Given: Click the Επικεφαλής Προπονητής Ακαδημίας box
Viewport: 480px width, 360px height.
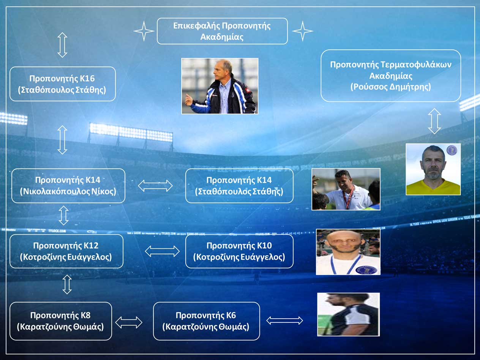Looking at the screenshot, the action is pos(222,31).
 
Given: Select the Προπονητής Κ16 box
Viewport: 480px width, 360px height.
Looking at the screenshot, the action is pos(63,84).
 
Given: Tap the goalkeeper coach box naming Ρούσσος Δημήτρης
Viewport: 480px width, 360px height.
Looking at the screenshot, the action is pos(391,76).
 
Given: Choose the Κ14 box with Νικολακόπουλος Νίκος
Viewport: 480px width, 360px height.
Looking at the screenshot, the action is pos(68,186).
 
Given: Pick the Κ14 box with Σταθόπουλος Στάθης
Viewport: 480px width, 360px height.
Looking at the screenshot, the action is pos(239,186).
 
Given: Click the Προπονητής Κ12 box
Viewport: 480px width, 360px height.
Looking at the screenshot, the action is pos(66,251).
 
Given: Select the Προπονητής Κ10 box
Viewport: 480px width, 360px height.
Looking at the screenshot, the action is pos(239,251).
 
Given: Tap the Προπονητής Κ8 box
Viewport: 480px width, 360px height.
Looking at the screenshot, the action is pos(61,321).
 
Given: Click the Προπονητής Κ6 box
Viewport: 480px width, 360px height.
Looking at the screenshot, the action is pos(207,321).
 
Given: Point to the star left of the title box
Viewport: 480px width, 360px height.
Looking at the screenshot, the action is pos(144,31).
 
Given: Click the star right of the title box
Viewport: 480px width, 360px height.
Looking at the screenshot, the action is pos(303,31).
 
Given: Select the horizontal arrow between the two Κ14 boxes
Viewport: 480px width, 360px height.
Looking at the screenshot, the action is pos(155,186).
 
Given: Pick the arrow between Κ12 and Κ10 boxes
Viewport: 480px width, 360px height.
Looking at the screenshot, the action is pos(162,251).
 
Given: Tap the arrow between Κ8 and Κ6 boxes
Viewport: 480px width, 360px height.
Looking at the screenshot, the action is pos(129,322).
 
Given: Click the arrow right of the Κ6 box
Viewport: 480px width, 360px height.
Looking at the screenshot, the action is pos(284,321).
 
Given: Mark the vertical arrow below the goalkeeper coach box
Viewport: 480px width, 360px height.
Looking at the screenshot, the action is pos(434,121).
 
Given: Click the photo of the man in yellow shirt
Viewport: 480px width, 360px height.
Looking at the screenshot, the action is pos(433,169).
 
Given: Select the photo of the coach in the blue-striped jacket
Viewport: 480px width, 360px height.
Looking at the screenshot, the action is pos(220,86).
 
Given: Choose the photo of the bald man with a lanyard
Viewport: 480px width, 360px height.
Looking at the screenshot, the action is pos(348,252).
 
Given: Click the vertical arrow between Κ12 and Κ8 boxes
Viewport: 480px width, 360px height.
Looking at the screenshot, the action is pos(67,284).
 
